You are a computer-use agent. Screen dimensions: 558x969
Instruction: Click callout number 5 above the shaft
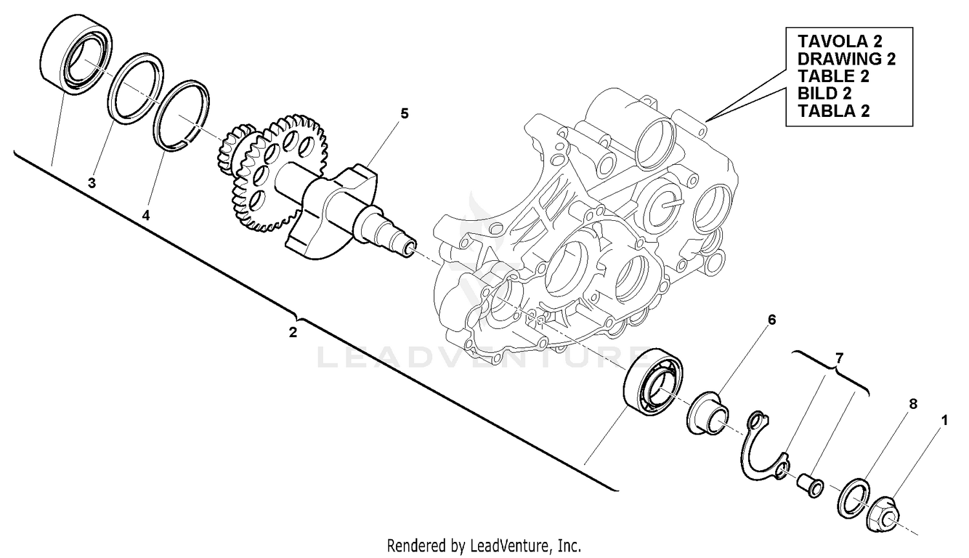404,114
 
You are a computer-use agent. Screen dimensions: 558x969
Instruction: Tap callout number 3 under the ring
92,183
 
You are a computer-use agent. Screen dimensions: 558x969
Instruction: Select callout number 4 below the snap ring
146,216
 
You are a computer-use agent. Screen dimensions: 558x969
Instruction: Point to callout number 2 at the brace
293,333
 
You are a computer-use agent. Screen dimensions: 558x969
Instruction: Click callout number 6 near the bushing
771,320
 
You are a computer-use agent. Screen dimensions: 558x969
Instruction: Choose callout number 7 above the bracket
839,358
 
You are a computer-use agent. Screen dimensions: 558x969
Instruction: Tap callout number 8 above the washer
913,404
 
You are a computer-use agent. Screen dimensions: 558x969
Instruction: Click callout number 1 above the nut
944,420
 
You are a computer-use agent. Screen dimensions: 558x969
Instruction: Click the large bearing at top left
75,54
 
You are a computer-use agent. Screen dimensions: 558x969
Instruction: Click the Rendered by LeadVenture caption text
484,546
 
